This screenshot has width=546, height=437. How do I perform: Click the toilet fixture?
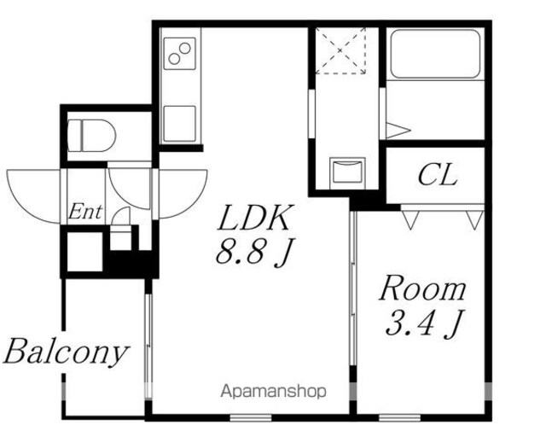click(x=91, y=136)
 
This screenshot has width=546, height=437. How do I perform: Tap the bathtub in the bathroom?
click(x=435, y=55)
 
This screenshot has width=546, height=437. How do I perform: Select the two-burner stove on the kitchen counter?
click(x=180, y=53)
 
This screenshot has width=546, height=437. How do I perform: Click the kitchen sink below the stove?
click(x=180, y=124)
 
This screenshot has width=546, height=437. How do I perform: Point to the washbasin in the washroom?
click(x=347, y=172)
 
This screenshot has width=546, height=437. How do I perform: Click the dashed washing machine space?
click(x=340, y=51)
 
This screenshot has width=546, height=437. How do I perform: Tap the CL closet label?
click(x=438, y=175)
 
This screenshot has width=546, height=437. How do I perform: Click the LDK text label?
click(x=253, y=218)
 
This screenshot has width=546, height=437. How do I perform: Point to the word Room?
click(x=422, y=288)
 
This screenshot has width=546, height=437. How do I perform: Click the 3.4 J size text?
click(x=425, y=323)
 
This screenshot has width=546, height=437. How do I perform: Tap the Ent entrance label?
click(x=85, y=212)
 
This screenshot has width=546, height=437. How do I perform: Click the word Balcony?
click(x=66, y=352)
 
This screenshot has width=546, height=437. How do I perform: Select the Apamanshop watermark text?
click(x=274, y=392)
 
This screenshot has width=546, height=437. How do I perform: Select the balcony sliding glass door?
click(x=148, y=346)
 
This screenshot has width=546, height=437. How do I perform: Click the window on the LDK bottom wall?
click(x=251, y=417)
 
